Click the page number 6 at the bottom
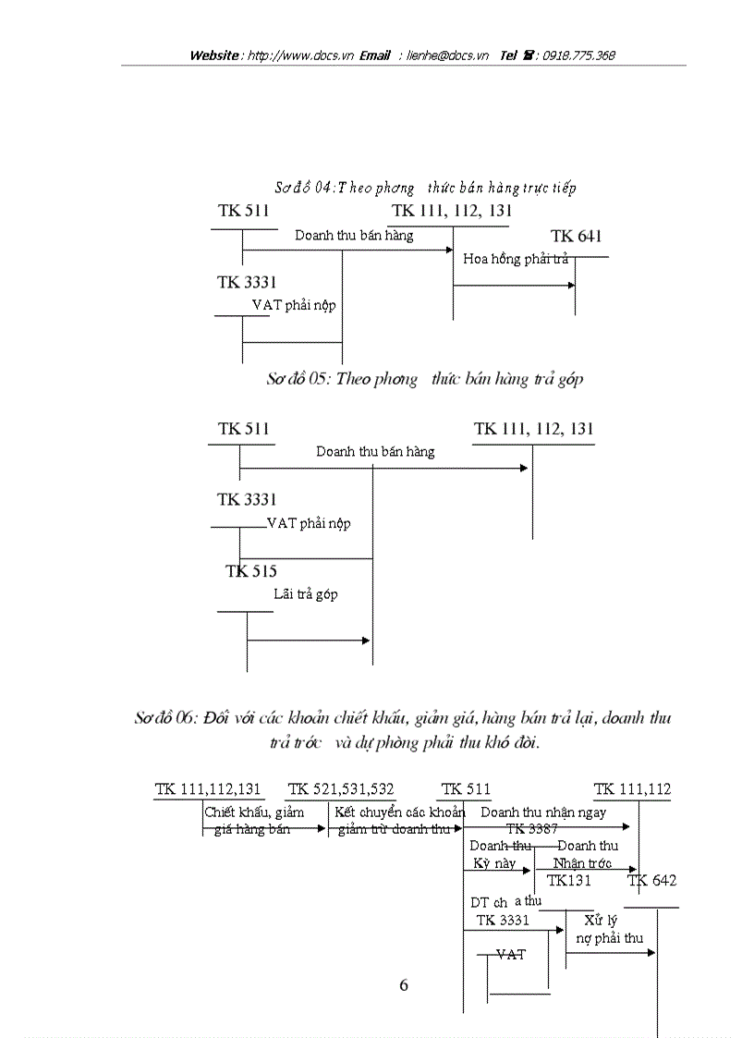click(403, 985)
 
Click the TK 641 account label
click(576, 237)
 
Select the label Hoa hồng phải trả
click(516, 259)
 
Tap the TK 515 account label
click(251, 571)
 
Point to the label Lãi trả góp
click(306, 594)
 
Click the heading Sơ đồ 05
click(425, 379)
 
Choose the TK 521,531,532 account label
click(341, 789)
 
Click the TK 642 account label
click(652, 880)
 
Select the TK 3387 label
click(531, 829)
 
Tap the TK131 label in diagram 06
click(569, 880)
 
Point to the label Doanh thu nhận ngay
click(543, 812)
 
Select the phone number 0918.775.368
click(579, 55)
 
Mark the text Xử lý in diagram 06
click(601, 921)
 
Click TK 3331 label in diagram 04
click(247, 282)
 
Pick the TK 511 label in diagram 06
click(466, 789)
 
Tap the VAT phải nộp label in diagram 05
click(309, 523)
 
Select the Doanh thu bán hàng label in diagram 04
click(354, 235)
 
